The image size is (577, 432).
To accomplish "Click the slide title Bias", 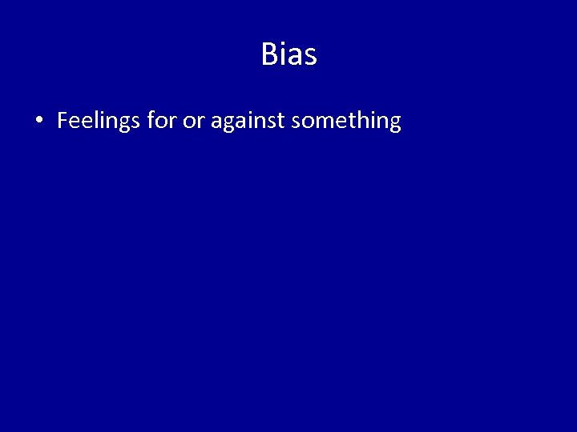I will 288,54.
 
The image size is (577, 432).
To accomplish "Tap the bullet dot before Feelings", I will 38,122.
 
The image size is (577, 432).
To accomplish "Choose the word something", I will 346,122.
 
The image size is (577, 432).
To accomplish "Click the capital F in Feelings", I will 63,121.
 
